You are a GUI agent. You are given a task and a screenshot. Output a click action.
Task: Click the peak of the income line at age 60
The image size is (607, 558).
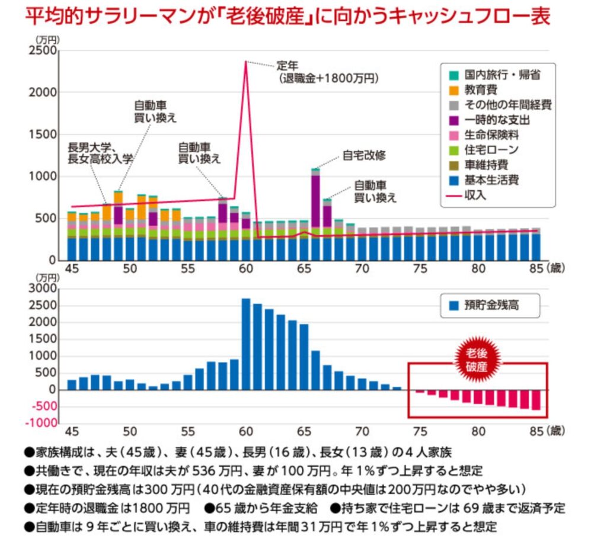click(x=245, y=62)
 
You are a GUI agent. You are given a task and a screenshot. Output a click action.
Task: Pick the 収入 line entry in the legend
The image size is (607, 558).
click(x=468, y=195)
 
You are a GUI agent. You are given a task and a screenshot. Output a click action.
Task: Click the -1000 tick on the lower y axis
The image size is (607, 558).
click(x=41, y=423)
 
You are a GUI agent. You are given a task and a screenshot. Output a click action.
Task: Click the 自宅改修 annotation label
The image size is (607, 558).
click(x=364, y=156)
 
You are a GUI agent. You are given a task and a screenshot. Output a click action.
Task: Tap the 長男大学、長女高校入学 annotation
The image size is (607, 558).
click(x=101, y=152)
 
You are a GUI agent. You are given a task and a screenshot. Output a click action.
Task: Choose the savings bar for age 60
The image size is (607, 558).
click(x=246, y=344)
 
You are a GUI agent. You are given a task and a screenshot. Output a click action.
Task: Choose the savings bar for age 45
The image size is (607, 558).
click(x=72, y=384)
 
